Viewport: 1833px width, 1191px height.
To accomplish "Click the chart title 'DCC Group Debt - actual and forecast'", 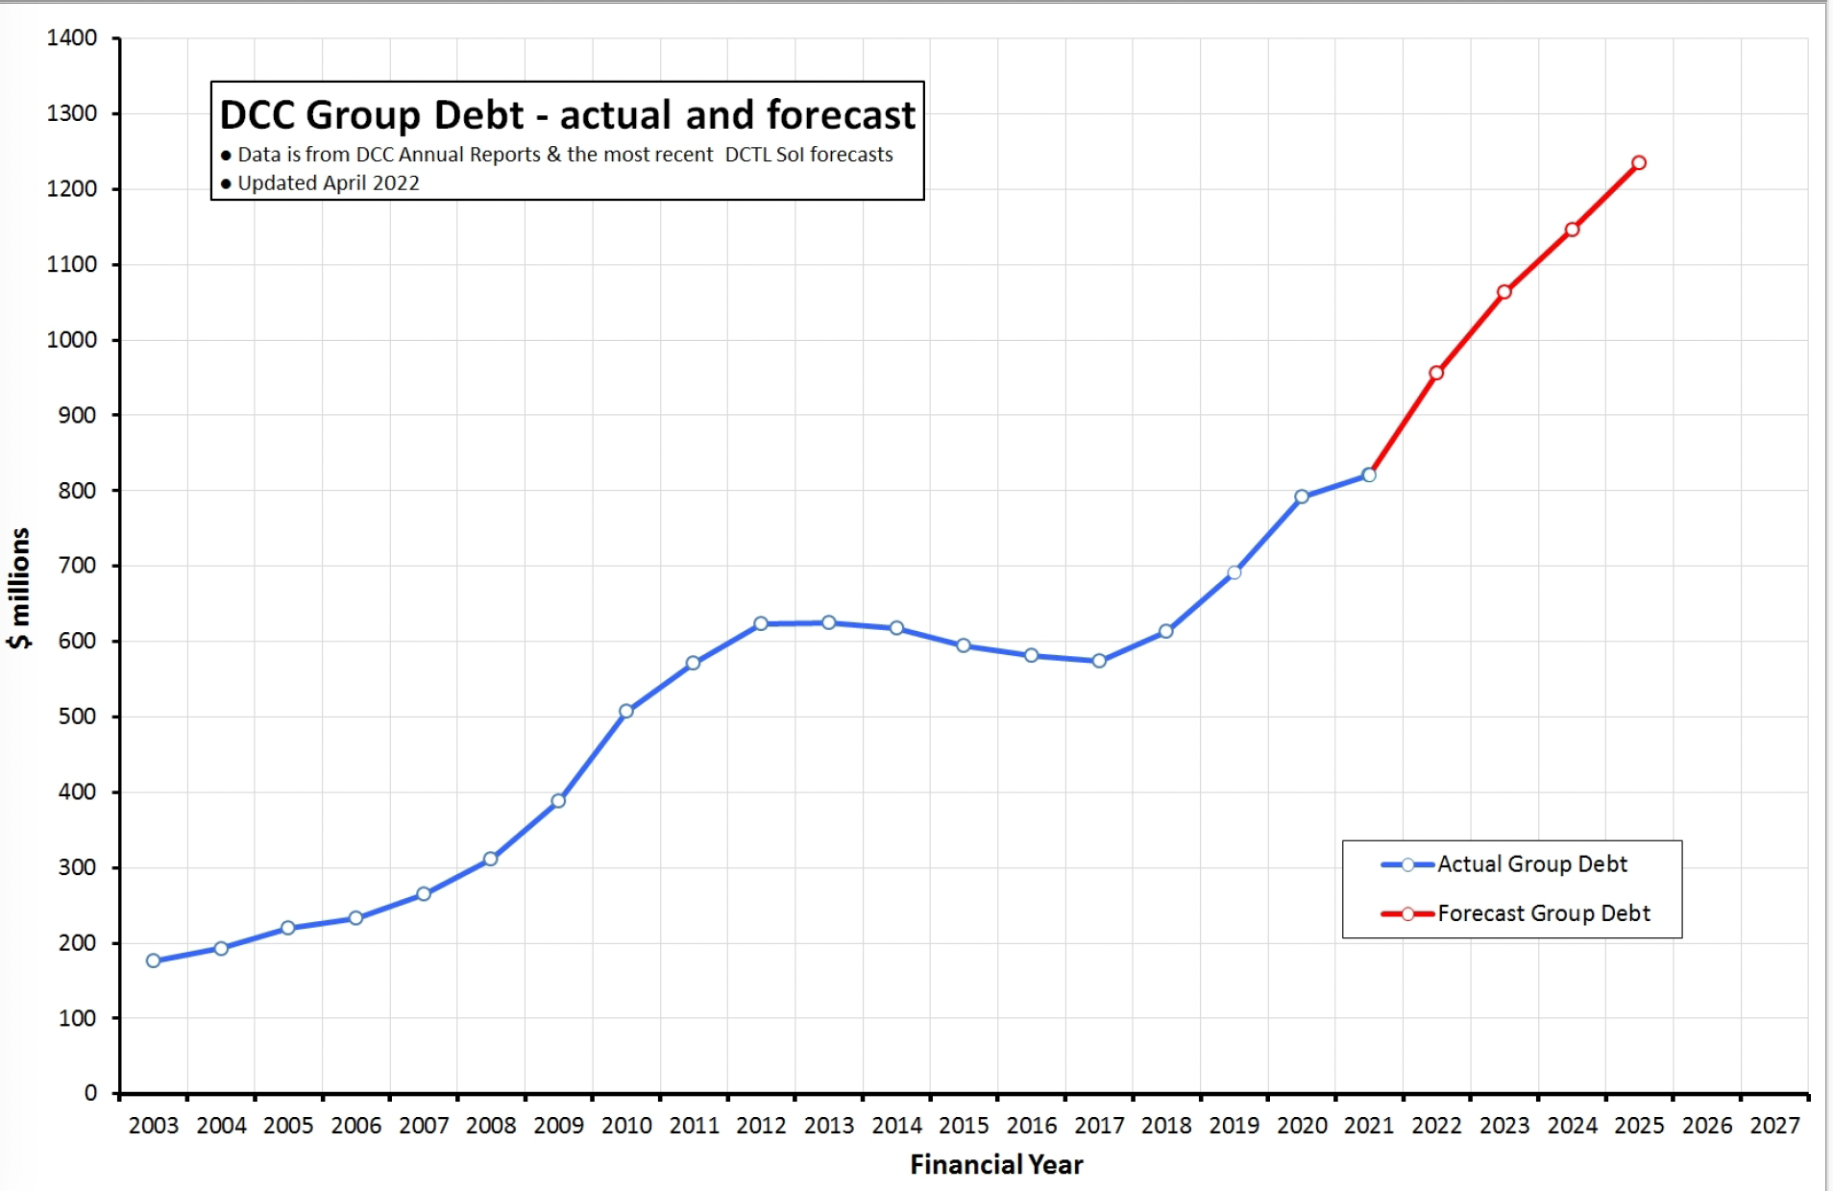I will click(x=567, y=115).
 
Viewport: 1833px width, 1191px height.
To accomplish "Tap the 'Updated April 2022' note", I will click(x=328, y=183).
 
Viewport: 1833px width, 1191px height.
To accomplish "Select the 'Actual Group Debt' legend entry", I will click(x=1531, y=864).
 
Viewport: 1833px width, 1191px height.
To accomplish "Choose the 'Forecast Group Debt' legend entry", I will click(x=1543, y=913).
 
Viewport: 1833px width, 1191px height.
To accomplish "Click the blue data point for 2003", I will click(x=154, y=960).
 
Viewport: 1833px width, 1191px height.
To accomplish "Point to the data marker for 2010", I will click(x=626, y=712).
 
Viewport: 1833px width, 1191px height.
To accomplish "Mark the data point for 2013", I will click(x=829, y=622).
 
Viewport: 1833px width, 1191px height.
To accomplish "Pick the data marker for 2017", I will click(x=1099, y=661).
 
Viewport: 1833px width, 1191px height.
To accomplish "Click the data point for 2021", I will click(x=1369, y=475).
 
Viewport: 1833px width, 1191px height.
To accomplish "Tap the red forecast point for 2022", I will click(x=1436, y=373).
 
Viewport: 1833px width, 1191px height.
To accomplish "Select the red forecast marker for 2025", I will click(x=1639, y=163).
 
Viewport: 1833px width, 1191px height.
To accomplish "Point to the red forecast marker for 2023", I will click(x=1504, y=292).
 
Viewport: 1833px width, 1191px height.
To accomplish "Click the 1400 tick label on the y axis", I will click(x=72, y=38).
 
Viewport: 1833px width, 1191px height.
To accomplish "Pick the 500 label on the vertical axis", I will click(x=77, y=717).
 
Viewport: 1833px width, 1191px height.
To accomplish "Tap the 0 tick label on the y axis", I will click(x=90, y=1093).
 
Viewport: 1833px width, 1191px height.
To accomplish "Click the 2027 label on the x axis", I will click(x=1774, y=1126).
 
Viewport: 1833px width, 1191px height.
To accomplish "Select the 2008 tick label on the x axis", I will click(x=491, y=1126).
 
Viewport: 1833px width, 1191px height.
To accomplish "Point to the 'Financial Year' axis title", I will click(x=996, y=1165).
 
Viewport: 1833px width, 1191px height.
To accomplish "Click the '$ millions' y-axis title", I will click(x=20, y=588).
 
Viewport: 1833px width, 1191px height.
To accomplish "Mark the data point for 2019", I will click(x=1234, y=572).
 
